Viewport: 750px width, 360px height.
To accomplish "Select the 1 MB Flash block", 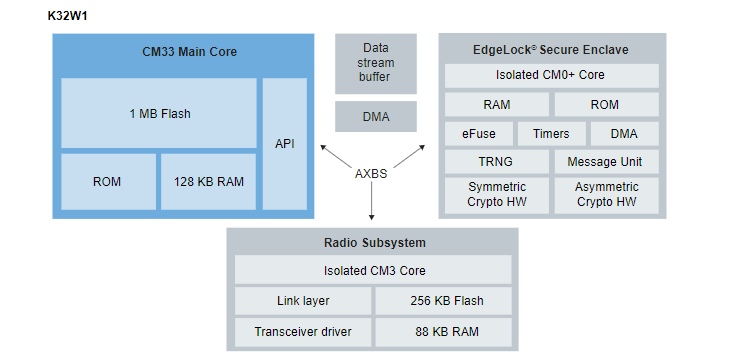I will tap(159, 113).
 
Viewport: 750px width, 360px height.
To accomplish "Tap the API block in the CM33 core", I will tap(285, 144).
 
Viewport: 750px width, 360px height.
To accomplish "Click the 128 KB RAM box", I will tap(207, 181).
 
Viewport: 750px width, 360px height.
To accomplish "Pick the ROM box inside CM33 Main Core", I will tap(107, 181).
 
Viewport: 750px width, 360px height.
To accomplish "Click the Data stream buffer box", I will tap(375, 62).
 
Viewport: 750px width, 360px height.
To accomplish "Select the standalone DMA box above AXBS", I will tap(375, 117).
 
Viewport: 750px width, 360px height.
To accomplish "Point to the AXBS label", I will tap(372, 173).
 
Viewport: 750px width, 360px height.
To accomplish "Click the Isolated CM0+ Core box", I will tap(550, 75).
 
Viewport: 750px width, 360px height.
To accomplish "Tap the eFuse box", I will tap(478, 134).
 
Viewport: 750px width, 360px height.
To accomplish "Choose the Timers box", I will tap(550, 134).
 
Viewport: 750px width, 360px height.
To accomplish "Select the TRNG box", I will tap(495, 162).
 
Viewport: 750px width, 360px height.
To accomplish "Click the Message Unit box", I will tap(606, 162).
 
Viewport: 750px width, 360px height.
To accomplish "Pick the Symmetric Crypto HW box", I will tap(495, 195).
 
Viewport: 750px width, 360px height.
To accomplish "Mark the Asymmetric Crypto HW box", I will tap(606, 195).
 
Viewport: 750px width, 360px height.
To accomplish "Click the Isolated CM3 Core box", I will tap(372, 270).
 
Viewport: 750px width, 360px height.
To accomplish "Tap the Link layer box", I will tap(302, 301).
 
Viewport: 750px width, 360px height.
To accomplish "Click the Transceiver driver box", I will tap(302, 332).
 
